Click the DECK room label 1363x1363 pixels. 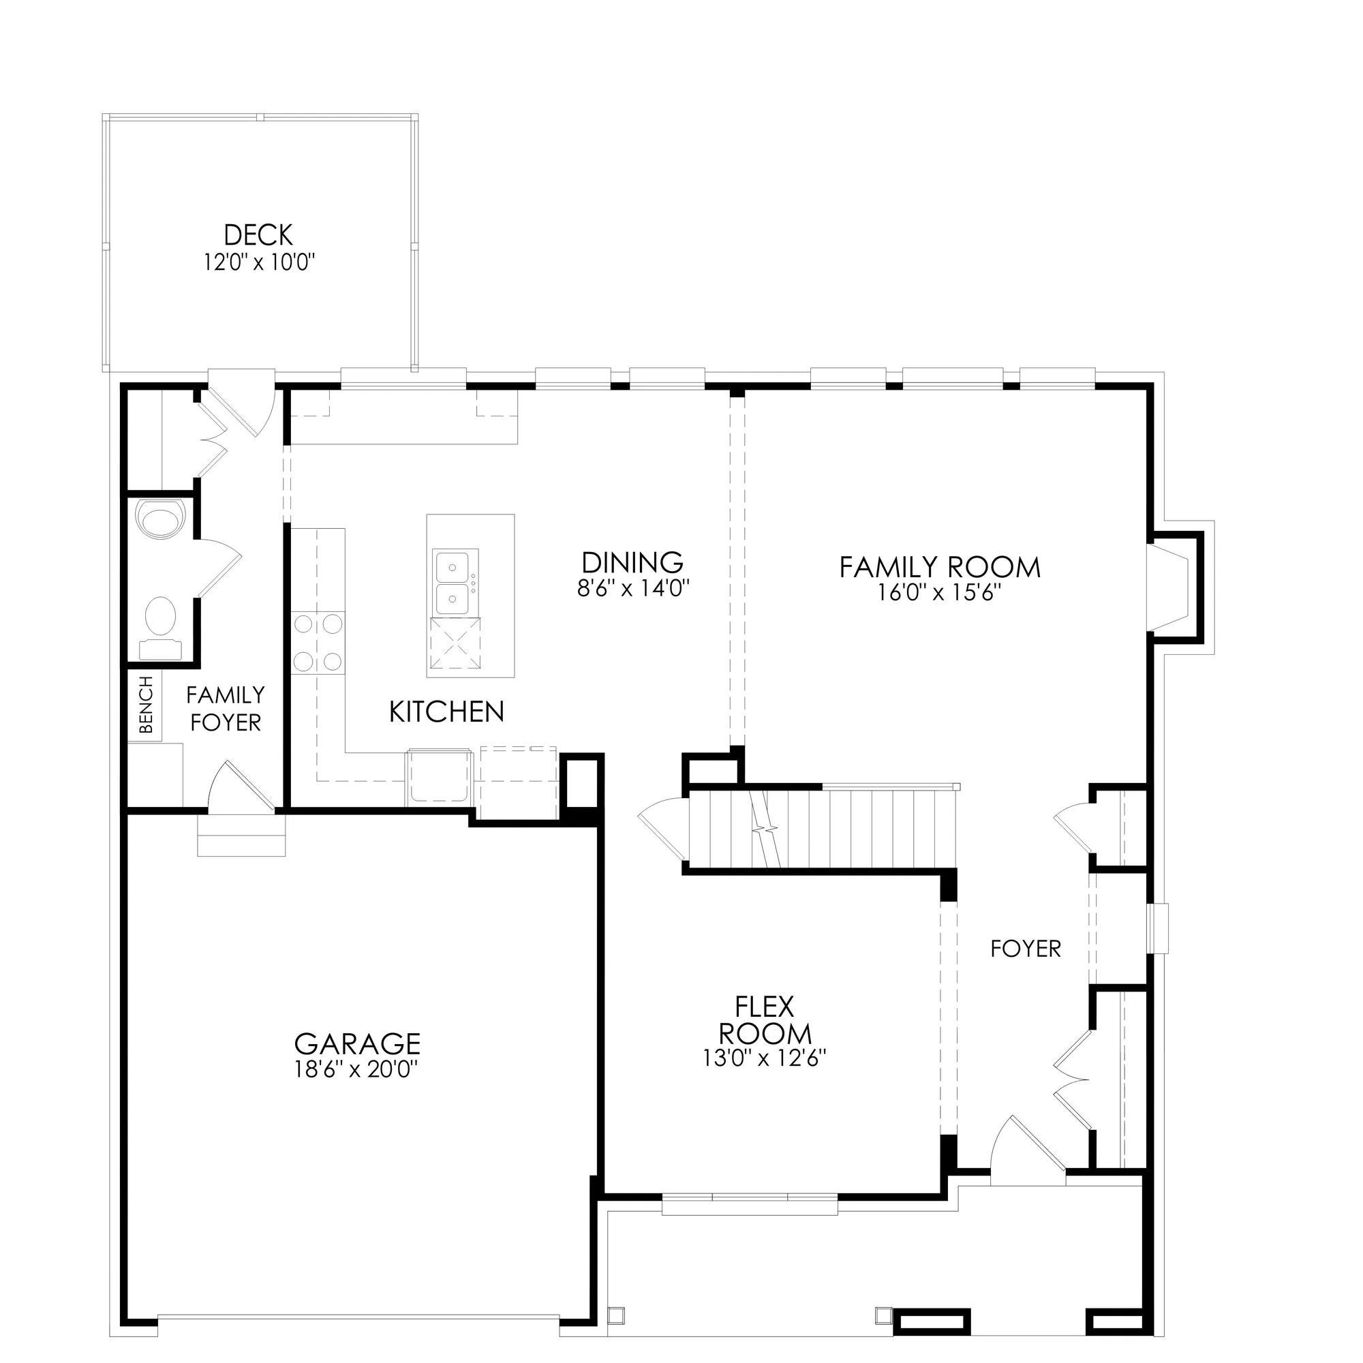click(x=258, y=235)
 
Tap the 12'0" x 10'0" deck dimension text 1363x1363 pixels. click(x=259, y=263)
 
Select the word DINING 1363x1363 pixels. click(x=633, y=563)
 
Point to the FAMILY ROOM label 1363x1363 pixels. click(x=940, y=567)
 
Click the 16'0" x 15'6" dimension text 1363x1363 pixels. click(x=940, y=593)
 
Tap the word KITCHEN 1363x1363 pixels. click(x=446, y=712)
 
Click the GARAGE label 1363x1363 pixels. click(x=357, y=1043)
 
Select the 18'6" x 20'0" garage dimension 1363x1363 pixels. click(x=357, y=1069)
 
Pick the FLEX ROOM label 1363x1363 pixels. click(x=765, y=1020)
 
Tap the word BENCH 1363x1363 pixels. click(x=146, y=705)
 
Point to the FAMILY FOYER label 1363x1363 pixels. click(x=226, y=709)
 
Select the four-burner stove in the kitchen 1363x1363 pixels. click(x=318, y=642)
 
